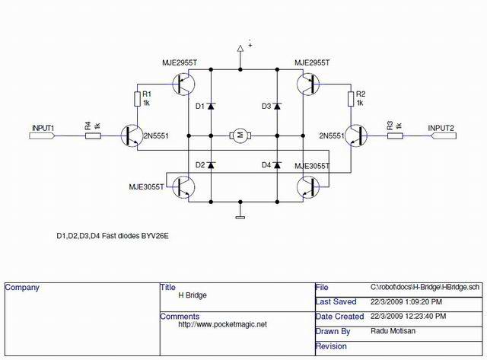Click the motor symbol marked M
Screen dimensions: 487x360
pos(240,135)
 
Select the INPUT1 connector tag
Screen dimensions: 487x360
pos(43,136)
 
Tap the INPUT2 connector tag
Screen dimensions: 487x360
pos(444,135)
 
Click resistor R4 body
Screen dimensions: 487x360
pos(93,136)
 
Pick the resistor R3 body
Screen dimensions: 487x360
pos(396,135)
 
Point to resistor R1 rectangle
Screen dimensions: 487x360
pos(137,99)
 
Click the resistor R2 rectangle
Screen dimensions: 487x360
pos(351,99)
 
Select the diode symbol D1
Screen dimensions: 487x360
pos(212,107)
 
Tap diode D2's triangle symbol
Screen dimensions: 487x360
pos(212,165)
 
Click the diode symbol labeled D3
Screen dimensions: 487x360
pos(277,107)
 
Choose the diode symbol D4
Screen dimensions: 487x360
pos(277,165)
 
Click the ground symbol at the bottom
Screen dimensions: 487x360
pos(240,217)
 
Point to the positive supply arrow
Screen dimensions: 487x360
pos(240,49)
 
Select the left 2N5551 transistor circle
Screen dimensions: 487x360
pos(132,135)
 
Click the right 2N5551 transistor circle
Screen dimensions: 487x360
pos(356,135)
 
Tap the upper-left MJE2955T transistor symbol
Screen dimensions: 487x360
pos(183,84)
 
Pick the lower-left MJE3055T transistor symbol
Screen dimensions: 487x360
pos(183,187)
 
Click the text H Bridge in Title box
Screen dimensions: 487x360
pos(193,295)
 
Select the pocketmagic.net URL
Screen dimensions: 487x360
pos(223,324)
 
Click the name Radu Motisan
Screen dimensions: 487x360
pos(393,331)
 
